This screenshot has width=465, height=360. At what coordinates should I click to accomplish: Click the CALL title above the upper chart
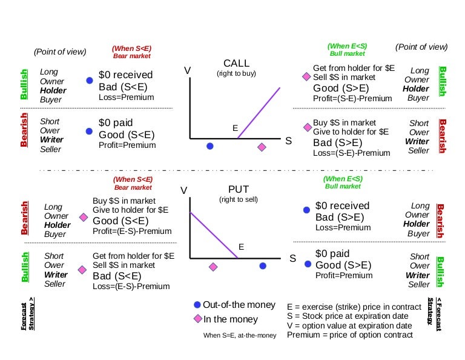click(236, 63)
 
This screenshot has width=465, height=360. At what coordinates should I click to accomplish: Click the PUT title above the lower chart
click(239, 189)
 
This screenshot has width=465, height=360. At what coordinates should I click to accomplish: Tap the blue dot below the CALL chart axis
click(210, 146)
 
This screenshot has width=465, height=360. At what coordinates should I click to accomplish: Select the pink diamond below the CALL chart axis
click(262, 147)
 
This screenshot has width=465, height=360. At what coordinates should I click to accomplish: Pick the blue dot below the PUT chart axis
click(263, 266)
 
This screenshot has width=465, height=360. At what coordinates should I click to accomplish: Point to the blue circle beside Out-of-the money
click(197, 305)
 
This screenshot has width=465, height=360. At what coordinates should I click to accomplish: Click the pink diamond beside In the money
click(197, 319)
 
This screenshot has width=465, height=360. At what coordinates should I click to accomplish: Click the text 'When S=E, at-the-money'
click(240, 335)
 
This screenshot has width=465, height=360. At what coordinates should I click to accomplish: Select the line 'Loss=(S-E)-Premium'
click(352, 153)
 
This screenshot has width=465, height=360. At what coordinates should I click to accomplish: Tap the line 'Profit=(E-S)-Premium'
click(132, 231)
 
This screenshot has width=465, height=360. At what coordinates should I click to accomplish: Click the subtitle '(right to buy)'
click(236, 73)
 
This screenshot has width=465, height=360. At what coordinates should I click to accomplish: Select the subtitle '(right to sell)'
click(239, 199)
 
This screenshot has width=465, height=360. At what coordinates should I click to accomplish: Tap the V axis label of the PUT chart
click(184, 191)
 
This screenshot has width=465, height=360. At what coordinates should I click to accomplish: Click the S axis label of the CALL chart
click(289, 140)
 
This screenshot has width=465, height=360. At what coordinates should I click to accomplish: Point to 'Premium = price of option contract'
click(350, 335)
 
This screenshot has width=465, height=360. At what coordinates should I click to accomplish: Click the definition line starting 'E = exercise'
click(354, 305)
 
